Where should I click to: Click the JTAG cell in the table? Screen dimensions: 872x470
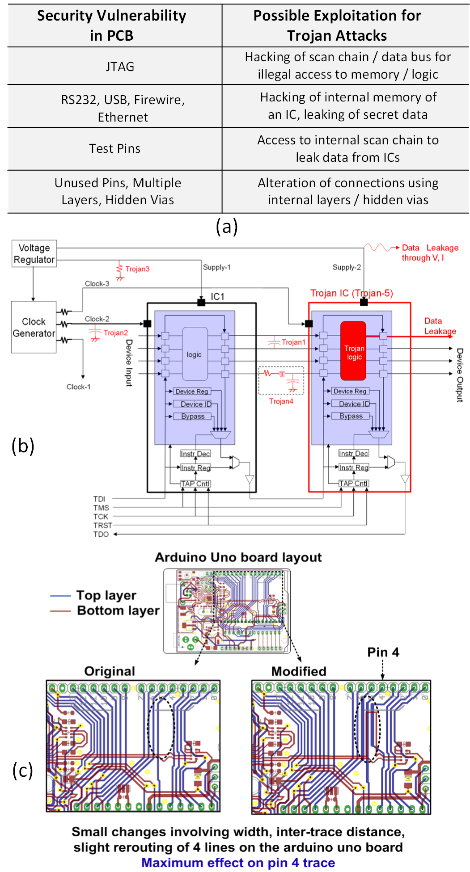tap(120, 67)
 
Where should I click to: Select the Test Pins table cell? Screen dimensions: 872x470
tap(114, 148)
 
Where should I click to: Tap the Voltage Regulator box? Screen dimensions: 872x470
tap(34, 253)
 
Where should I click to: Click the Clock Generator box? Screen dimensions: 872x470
tap(34, 327)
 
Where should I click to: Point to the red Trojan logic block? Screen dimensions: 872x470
tap(353, 351)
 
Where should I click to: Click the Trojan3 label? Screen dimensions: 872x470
tap(137, 269)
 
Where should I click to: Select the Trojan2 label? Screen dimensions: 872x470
tap(116, 333)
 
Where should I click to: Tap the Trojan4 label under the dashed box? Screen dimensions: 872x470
tap(281, 401)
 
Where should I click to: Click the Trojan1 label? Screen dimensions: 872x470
tap(293, 342)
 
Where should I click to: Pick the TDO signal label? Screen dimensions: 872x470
tap(101, 534)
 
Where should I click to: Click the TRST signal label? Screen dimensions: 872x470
tap(102, 525)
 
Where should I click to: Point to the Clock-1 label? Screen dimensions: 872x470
tap(79, 387)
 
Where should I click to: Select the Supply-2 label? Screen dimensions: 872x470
tap(347, 267)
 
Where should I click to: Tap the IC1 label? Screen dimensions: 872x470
tap(218, 296)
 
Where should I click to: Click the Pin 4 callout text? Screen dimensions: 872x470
tap(383, 652)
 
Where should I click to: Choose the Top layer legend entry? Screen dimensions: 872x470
tap(106, 595)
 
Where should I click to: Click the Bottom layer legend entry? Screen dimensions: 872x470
tap(118, 611)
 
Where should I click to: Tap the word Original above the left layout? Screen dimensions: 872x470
tap(110, 671)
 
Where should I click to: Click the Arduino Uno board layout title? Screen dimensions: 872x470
tap(238, 557)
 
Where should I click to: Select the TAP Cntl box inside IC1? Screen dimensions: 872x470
tap(195, 484)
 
